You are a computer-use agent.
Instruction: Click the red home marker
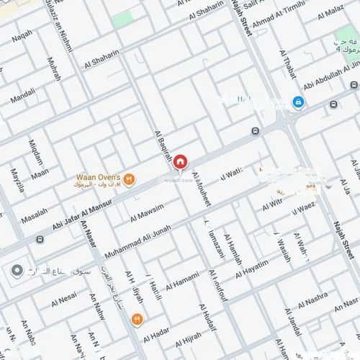(180, 161)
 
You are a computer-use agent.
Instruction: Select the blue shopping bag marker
(297, 103)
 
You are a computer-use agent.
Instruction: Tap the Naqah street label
(22, 35)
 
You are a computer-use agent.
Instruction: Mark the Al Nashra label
(312, 299)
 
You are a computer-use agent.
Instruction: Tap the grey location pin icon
(17, 271)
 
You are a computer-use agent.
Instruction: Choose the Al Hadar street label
(156, 337)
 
